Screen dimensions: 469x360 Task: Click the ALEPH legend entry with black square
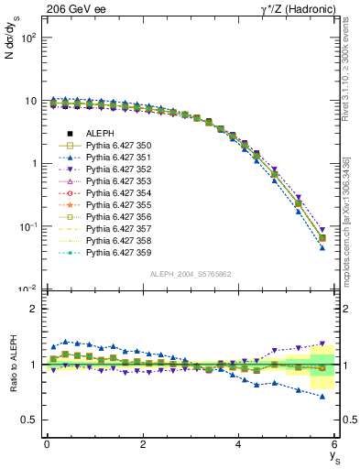tap(100, 134)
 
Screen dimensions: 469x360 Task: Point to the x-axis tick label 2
tap(143, 444)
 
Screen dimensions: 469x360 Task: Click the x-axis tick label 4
tap(239, 444)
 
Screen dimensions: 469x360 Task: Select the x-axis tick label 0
tap(47, 444)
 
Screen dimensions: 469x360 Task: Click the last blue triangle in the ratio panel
tap(322, 397)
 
